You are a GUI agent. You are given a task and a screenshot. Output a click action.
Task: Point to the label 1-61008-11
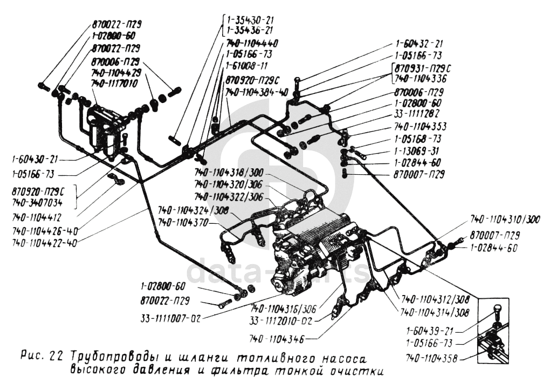pos(247,67)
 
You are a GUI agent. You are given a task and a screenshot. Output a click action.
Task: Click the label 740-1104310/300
pos(505,220)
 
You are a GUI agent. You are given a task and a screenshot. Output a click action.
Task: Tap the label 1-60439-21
pos(430,331)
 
